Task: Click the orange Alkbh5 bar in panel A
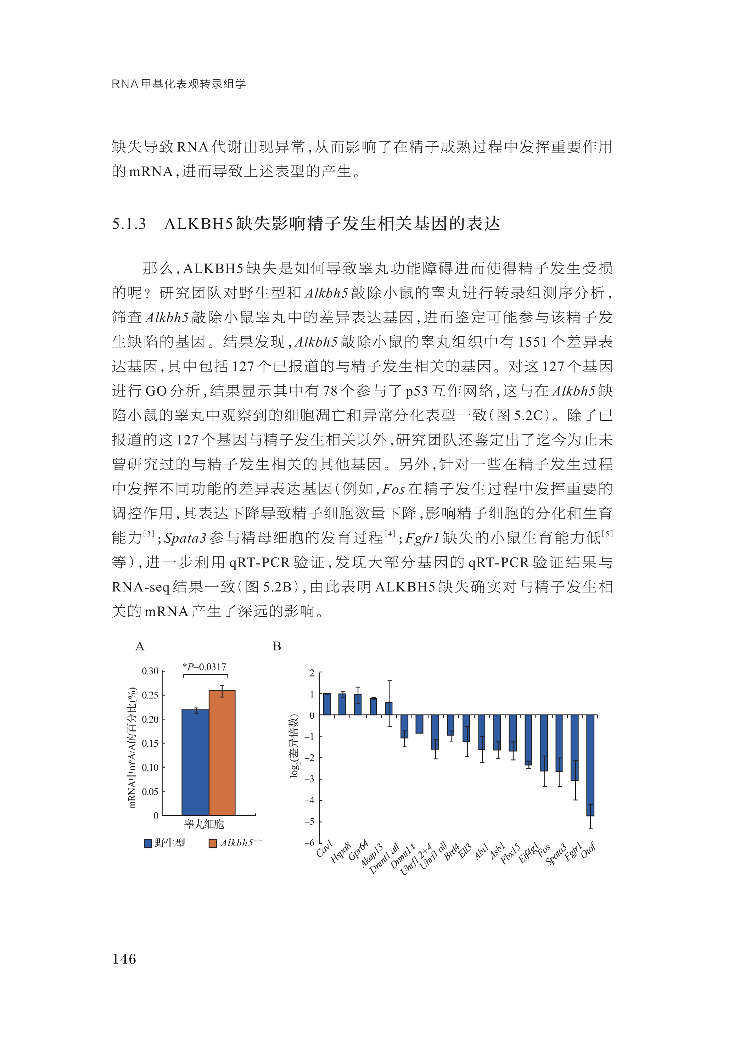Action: (x=222, y=752)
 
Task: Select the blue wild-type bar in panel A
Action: (x=195, y=762)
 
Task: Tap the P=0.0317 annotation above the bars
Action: (x=205, y=667)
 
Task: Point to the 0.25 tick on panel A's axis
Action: (x=150, y=695)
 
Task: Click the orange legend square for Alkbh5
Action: (x=212, y=843)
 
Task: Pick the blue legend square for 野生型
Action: (x=148, y=843)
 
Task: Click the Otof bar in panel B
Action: (x=590, y=765)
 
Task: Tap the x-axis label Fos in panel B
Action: (x=544, y=851)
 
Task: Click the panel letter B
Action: (x=276, y=646)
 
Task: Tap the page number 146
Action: (x=124, y=959)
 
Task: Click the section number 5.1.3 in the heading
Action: (x=129, y=224)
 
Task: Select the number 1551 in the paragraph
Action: (x=532, y=342)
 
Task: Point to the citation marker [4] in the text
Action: (x=390, y=534)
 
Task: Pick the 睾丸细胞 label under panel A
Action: (x=204, y=824)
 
